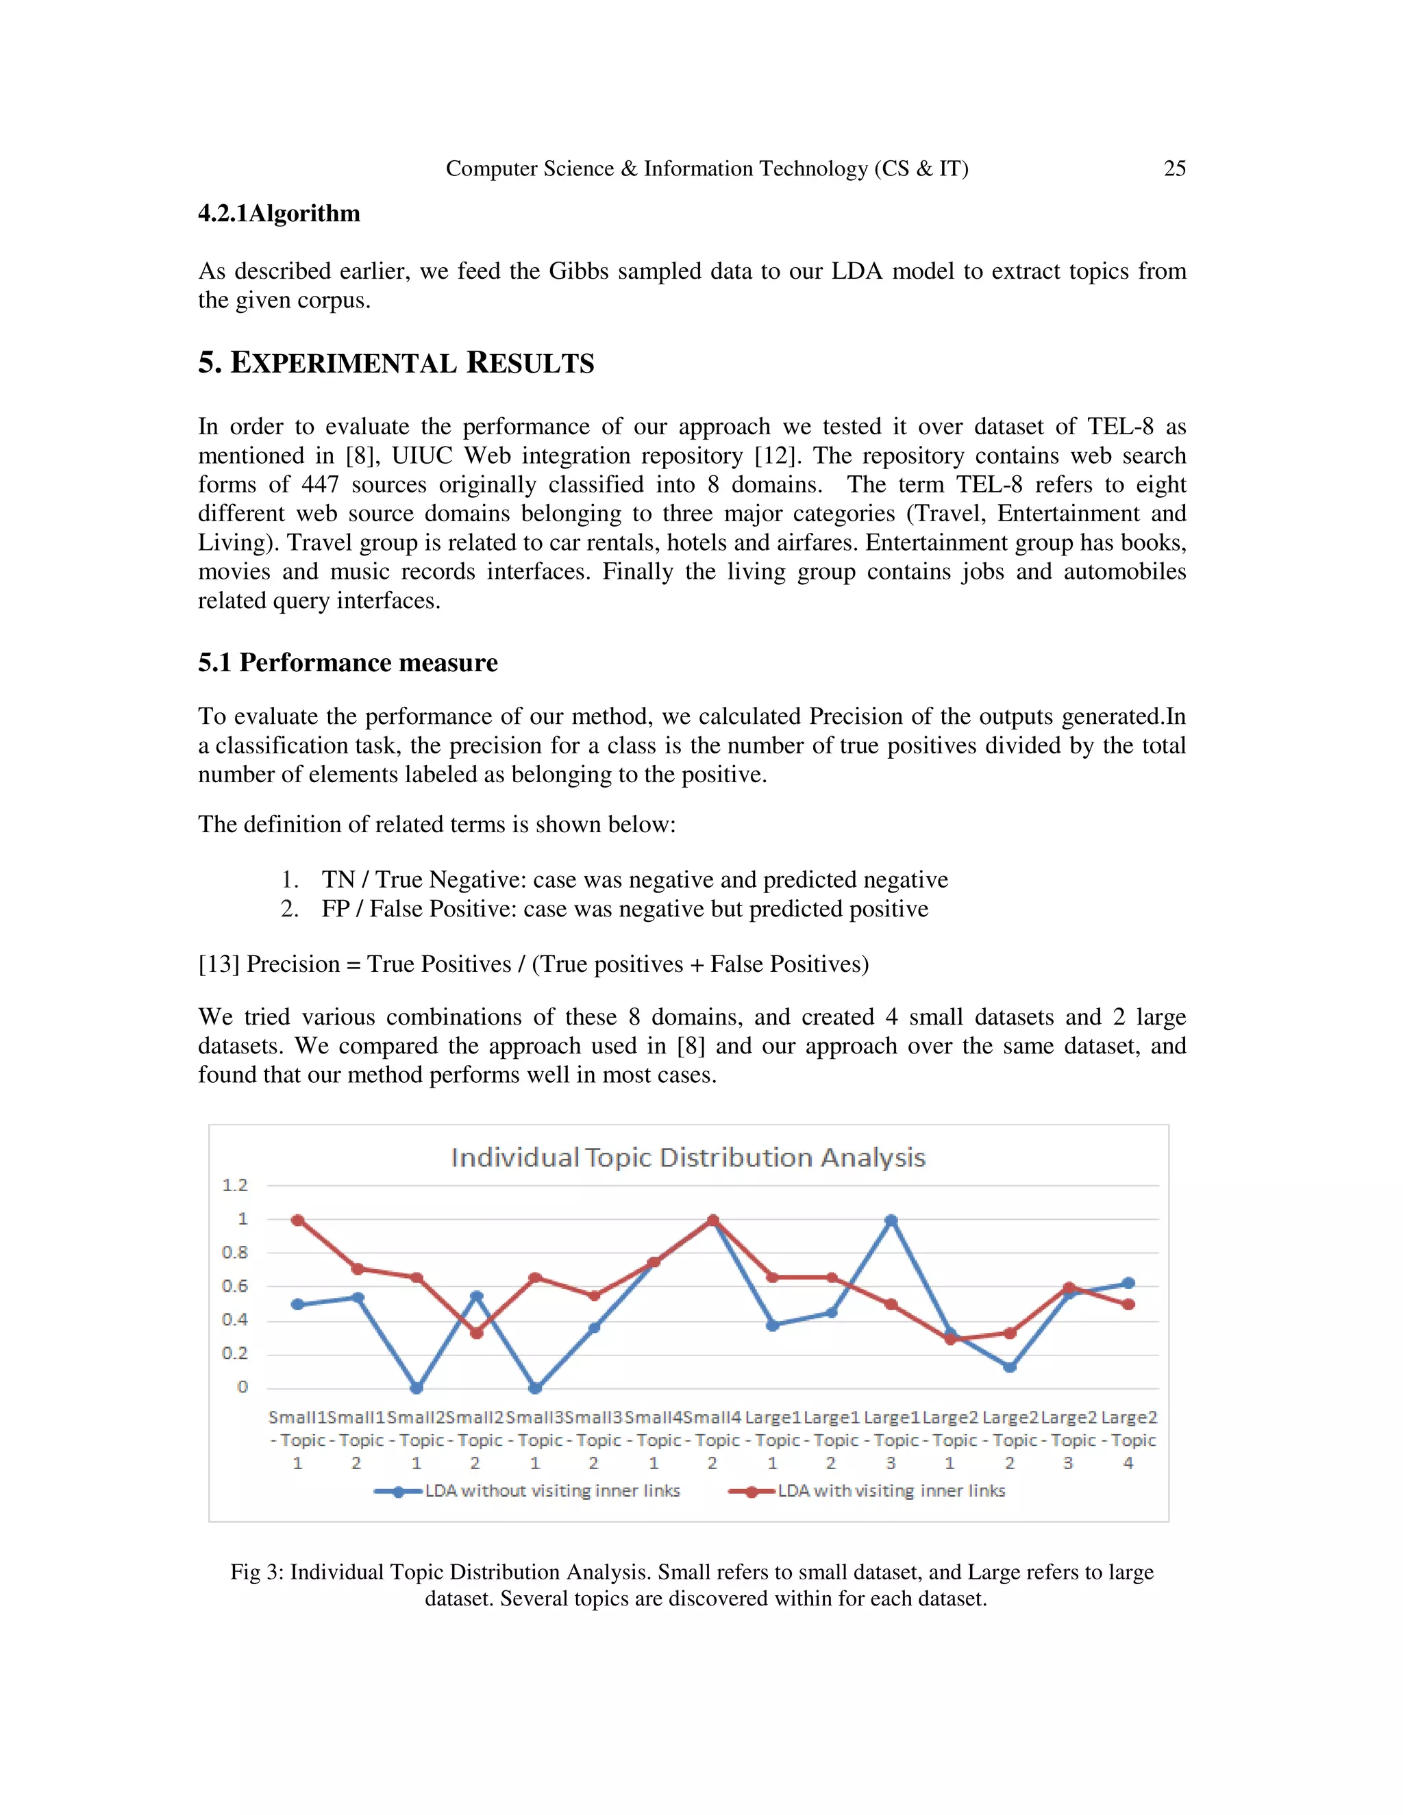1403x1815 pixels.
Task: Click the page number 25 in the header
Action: point(1174,168)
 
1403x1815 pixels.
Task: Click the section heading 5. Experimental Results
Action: point(396,363)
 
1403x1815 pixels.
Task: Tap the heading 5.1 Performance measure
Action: point(347,662)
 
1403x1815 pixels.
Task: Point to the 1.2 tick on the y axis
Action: point(234,1185)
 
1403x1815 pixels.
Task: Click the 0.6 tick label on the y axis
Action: point(234,1286)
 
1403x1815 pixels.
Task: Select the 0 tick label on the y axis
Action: point(242,1386)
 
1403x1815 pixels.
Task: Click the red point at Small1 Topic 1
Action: point(297,1220)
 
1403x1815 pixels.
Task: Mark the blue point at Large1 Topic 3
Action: point(891,1220)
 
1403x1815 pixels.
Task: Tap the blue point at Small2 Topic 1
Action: point(417,1388)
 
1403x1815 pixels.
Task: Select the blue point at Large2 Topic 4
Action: point(1128,1283)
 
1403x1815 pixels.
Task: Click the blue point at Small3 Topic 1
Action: point(535,1388)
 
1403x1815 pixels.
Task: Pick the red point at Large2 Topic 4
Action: point(1128,1305)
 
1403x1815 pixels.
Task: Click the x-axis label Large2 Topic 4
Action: point(1129,1440)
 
